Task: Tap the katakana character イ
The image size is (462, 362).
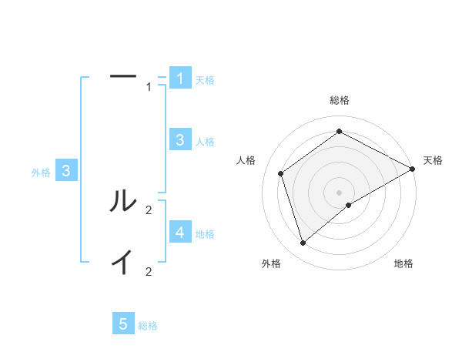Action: coord(123,263)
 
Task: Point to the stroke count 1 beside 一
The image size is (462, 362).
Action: coord(149,87)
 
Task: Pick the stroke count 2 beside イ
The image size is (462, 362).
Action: coord(149,271)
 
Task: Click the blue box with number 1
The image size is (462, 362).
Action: coord(180,78)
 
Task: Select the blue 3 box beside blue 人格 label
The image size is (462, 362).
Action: coord(180,139)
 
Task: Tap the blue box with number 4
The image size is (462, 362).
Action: coord(180,232)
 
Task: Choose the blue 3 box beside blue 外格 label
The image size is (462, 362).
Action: coord(67,171)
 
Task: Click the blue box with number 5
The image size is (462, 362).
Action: coord(123,324)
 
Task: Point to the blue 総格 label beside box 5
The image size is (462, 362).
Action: coord(148,326)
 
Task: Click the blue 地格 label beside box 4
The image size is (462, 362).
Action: coord(205,233)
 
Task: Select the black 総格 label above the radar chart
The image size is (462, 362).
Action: coord(340,100)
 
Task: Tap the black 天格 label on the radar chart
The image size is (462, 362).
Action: coord(433,160)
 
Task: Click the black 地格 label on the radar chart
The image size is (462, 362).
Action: coord(403,264)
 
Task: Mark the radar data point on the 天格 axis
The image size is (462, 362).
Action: coord(412,169)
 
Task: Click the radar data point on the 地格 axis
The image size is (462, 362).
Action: coord(349,205)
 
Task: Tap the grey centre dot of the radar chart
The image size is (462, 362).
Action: coord(339,192)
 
